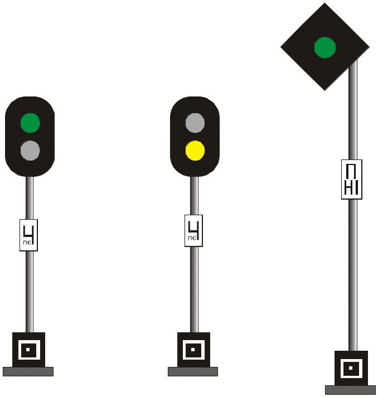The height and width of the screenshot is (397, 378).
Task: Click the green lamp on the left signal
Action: click(30, 123)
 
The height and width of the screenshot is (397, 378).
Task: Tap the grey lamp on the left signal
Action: click(30, 150)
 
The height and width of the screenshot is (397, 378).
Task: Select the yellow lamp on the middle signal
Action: click(195, 150)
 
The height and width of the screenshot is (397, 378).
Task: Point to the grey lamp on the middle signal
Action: click(195, 123)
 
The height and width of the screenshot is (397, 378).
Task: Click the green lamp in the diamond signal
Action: click(324, 47)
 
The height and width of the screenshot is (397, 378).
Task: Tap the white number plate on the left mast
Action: click(29, 235)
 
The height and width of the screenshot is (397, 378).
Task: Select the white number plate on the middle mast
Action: click(194, 230)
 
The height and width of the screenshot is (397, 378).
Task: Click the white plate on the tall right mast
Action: click(351, 180)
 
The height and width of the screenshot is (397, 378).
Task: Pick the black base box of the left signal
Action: click(16, 350)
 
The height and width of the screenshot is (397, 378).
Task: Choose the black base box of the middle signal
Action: click(181, 350)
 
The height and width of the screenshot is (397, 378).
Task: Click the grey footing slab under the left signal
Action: click(28, 371)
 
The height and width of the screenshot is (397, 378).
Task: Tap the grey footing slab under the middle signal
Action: click(193, 371)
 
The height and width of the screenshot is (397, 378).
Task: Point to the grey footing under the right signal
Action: click(350, 390)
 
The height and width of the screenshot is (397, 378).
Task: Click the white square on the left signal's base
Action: click(28, 350)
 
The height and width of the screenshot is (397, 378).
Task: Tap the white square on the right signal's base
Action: click(351, 369)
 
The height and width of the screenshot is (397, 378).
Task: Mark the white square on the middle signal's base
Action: click(193, 350)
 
